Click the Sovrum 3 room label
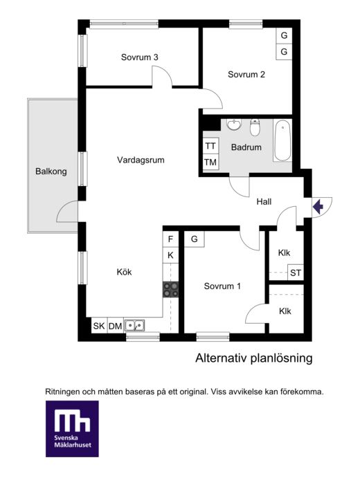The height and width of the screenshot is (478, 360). point(139,57)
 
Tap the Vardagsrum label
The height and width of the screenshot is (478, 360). point(141,160)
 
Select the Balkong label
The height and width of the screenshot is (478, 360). point(51,172)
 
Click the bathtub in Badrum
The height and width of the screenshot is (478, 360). point(282,140)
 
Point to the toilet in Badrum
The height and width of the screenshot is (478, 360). point(255,127)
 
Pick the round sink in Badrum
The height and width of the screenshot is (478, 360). point(234,124)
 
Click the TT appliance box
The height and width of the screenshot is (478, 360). point(210,146)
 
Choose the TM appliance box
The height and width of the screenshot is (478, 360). point(210,162)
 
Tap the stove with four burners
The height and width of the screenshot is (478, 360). point(170,290)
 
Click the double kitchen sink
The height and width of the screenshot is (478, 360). point(134,326)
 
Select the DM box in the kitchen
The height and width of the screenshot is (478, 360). point(116,326)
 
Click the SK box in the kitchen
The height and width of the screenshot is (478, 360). point(99,326)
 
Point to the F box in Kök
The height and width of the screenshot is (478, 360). point(170,239)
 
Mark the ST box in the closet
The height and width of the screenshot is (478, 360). point(296,273)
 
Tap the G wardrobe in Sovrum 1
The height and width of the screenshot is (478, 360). point(195,239)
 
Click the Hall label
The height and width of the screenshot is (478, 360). point(264,201)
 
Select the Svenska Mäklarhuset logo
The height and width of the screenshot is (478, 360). point(72,429)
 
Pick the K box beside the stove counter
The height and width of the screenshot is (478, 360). point(170,255)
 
